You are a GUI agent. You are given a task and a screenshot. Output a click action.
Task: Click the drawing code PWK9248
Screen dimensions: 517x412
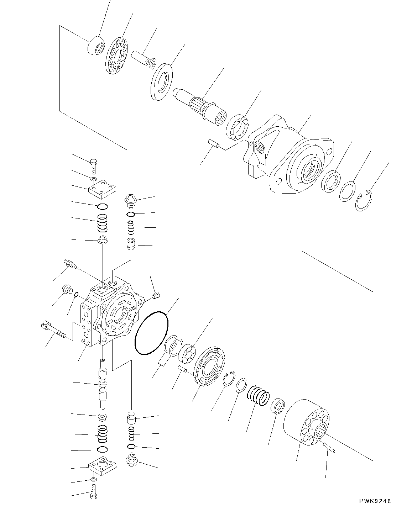[x=375, y=501]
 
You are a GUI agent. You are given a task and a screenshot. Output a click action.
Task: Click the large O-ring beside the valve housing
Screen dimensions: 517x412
[x=151, y=333]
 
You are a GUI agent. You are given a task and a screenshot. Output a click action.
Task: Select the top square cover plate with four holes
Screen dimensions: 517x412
[x=103, y=189]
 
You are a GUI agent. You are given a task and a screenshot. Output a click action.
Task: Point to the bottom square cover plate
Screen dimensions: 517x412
[x=102, y=466]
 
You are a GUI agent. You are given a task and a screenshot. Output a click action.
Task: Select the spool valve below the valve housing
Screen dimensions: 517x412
[x=103, y=384]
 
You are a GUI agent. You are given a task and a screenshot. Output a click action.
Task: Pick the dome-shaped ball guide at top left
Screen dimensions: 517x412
[x=96, y=46]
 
